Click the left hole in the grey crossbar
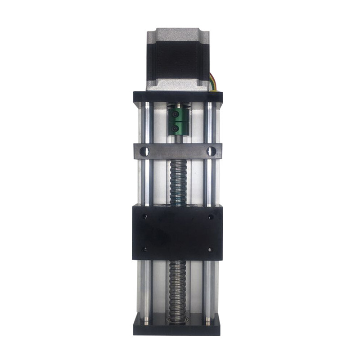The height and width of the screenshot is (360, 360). coord(144,151)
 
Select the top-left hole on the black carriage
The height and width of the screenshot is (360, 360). coord(145,217)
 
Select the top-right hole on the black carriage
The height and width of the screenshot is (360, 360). coord(210,217)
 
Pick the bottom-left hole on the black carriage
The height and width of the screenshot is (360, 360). coord(145,249)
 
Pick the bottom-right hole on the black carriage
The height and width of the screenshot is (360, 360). coord(210,249)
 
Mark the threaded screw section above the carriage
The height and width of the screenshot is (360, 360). coord(177,182)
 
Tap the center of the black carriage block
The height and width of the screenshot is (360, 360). coord(177,233)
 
